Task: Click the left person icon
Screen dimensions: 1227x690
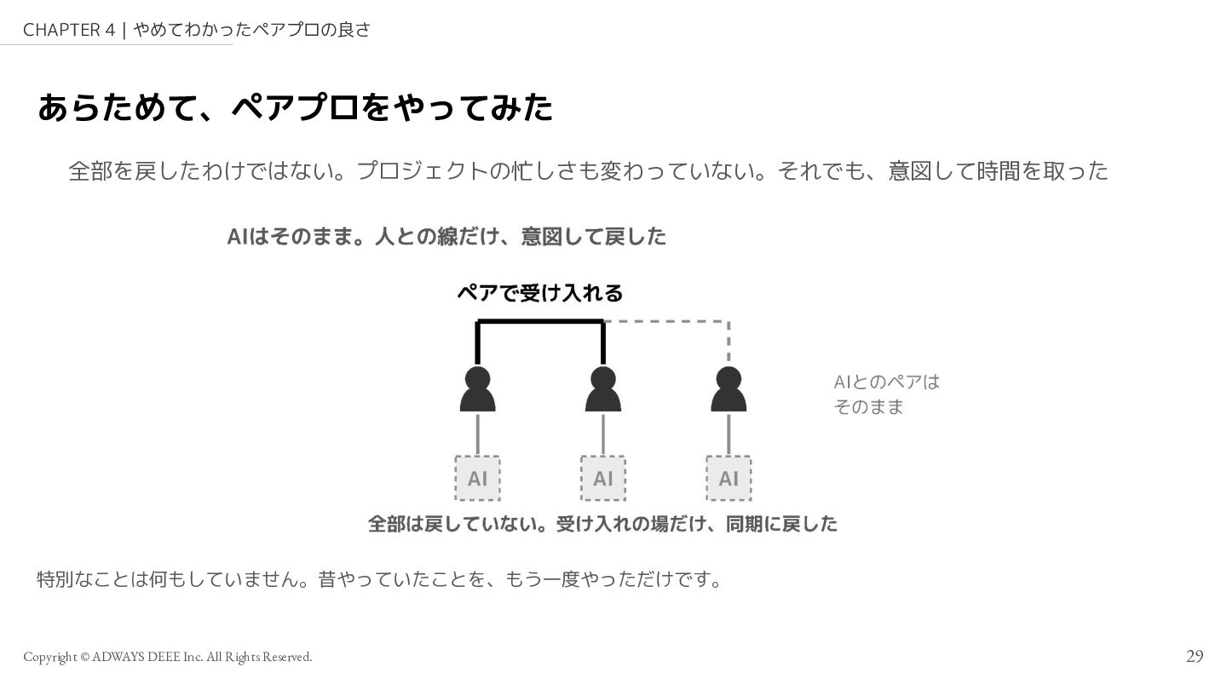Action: [x=478, y=388]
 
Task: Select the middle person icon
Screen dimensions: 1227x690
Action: [x=603, y=388]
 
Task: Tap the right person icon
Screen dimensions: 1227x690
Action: [x=729, y=388]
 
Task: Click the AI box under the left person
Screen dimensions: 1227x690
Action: [x=478, y=478]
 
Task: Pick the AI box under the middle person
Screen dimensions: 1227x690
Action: [x=603, y=478]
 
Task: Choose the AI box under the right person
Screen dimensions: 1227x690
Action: [x=729, y=478]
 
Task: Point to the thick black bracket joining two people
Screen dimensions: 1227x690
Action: [x=540, y=321]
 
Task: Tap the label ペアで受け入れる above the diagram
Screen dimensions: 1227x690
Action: [x=540, y=293]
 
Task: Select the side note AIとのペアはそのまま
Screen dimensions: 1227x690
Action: [x=886, y=394]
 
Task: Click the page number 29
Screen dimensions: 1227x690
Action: [x=1195, y=656]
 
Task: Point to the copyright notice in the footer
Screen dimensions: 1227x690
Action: [x=168, y=657]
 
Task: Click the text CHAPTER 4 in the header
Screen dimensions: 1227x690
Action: [x=69, y=30]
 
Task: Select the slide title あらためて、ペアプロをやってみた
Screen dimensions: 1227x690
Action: [x=295, y=107]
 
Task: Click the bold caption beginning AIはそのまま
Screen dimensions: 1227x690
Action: [x=446, y=237]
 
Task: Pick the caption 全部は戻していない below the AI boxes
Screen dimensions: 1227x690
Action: [x=602, y=524]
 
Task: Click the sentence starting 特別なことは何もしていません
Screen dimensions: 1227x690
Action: [x=381, y=579]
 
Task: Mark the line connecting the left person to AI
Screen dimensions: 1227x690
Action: [x=478, y=434]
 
